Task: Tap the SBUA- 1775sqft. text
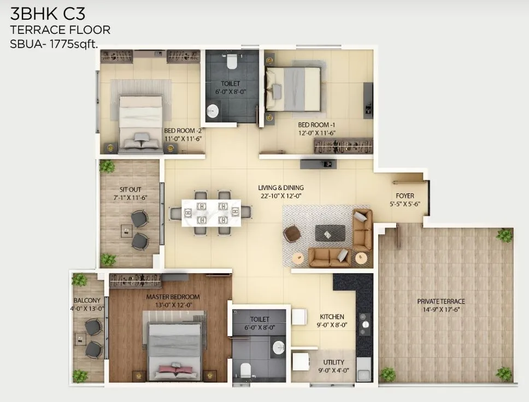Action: (54, 45)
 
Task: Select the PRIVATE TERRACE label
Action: (441, 301)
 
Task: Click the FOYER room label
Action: (405, 196)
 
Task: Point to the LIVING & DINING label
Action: (281, 188)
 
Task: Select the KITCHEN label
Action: (332, 316)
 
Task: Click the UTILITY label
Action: (333, 362)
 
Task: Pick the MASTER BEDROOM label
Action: (173, 297)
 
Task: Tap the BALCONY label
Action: (87, 300)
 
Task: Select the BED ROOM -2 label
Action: (183, 131)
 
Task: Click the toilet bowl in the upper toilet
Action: (231, 61)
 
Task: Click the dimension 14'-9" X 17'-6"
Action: (441, 310)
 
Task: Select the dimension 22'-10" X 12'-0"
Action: (281, 196)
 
